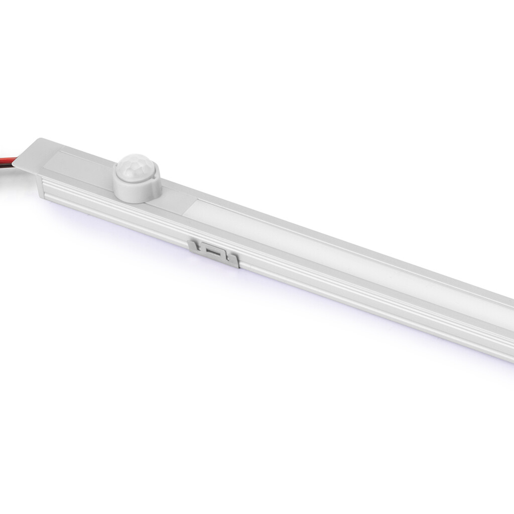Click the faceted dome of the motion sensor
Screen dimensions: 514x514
tap(137, 165)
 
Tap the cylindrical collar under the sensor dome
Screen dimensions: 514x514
tap(137, 188)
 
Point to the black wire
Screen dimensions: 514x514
tap(7, 165)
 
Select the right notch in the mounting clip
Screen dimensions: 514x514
tap(226, 256)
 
